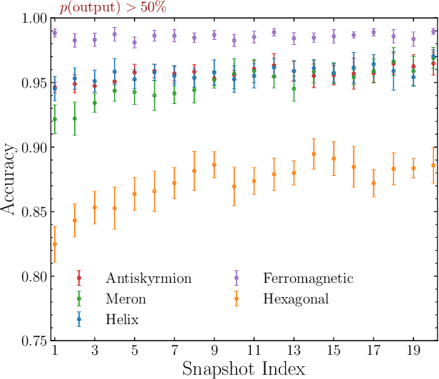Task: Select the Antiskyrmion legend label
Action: pyautogui.click(x=148, y=278)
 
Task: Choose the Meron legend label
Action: pyautogui.click(x=126, y=299)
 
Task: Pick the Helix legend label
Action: pyautogui.click(x=123, y=320)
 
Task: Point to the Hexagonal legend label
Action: pyautogui.click(x=296, y=299)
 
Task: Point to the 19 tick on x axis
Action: pyautogui.click(x=413, y=352)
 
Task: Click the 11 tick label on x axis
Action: pyautogui.click(x=254, y=352)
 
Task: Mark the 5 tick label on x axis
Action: pyautogui.click(x=135, y=352)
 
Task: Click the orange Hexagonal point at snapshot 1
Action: pyautogui.click(x=55, y=244)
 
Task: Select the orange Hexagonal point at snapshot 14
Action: pyautogui.click(x=314, y=154)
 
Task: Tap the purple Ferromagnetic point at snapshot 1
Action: pyautogui.click(x=55, y=33)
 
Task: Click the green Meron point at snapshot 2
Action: pyautogui.click(x=75, y=119)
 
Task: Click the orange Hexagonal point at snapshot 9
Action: pyautogui.click(x=215, y=165)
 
